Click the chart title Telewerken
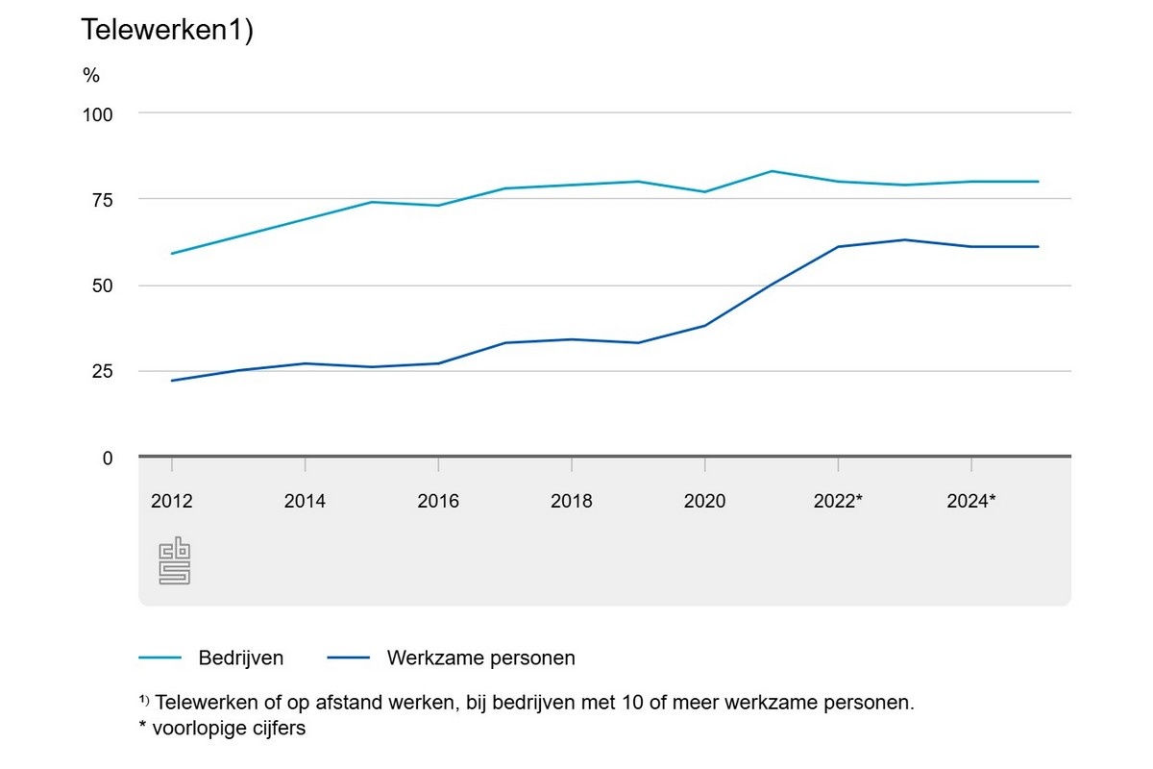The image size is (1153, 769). point(166,30)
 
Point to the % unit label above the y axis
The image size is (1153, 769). point(90,76)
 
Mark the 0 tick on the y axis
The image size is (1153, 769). point(107,459)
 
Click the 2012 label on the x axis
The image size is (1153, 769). point(172,501)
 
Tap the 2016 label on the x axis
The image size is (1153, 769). point(438,501)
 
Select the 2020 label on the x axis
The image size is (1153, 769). point(704,501)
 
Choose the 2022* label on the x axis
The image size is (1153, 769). point(838,501)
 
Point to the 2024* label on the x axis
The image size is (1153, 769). point(971,501)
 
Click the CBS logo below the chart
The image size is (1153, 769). point(174,562)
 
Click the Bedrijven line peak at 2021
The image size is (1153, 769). point(772,171)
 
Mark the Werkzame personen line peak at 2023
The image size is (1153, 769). point(905,239)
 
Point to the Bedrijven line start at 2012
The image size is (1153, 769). point(172,254)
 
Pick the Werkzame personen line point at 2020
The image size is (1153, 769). point(704,326)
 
